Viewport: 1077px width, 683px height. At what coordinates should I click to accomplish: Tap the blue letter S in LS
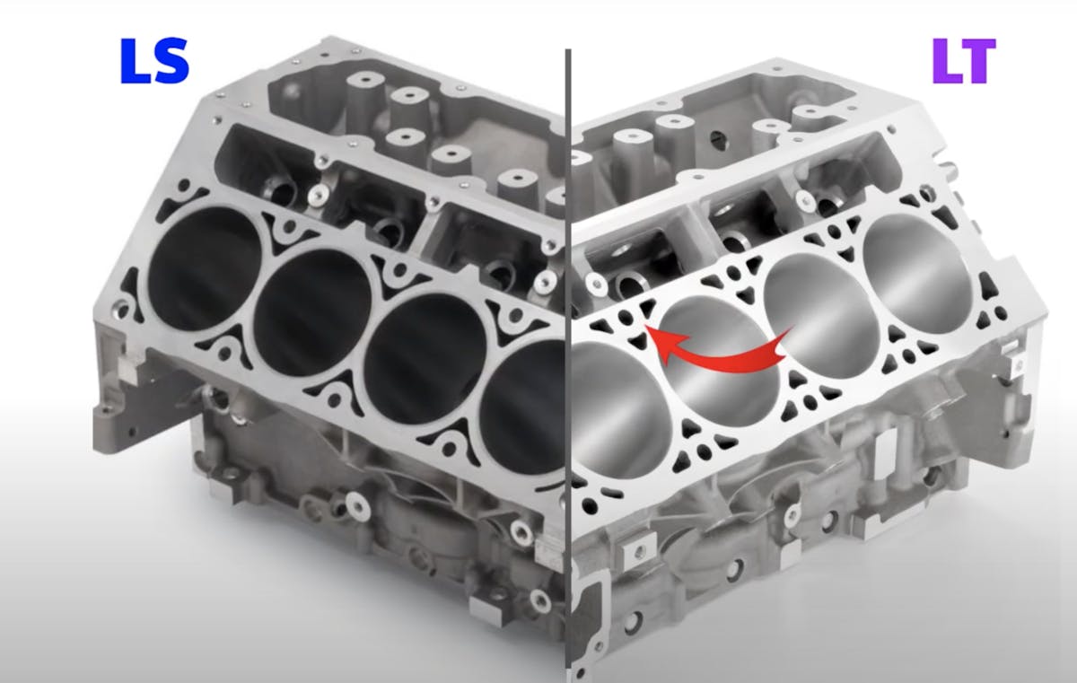pos(170,60)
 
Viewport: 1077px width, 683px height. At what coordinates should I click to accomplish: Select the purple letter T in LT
pos(978,60)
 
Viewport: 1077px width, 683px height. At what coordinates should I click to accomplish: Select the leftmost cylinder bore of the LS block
pos(206,269)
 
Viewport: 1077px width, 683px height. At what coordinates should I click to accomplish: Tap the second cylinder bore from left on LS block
pos(312,312)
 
